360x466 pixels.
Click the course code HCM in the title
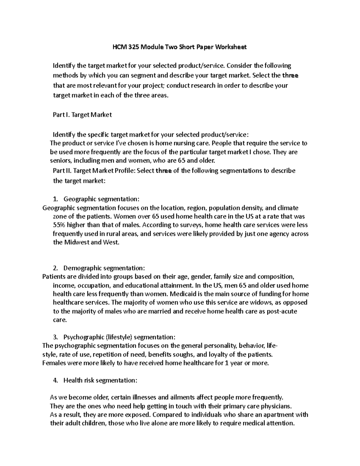[x=118, y=47]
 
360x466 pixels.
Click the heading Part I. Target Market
[x=82, y=115]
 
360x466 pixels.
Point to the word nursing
[x=177, y=143]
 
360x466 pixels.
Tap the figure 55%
[x=59, y=225]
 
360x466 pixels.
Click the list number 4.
[x=55, y=380]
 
